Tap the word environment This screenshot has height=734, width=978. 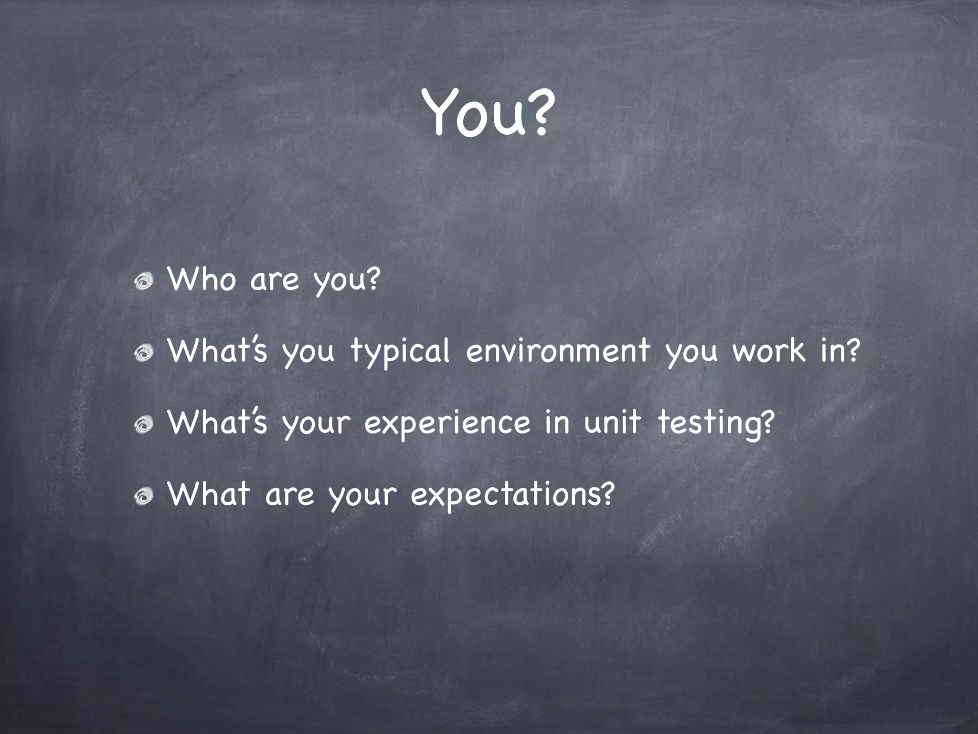click(558, 351)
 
